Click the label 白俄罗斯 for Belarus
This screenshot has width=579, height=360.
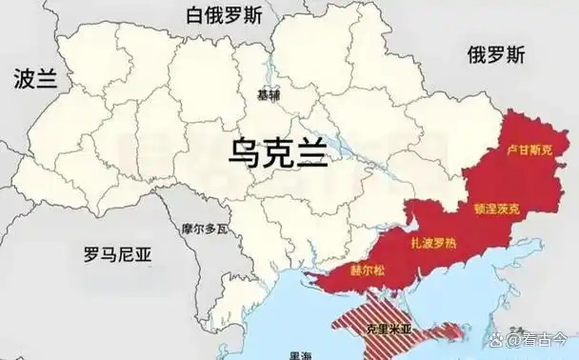pos(225,16)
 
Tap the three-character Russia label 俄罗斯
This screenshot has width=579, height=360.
pos(495,55)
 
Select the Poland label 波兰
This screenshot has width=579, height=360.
pos(36,79)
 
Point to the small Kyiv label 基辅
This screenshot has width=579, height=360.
pos(269,95)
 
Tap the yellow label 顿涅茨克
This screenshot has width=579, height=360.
pos(496,207)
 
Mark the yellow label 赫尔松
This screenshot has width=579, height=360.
pos(369,270)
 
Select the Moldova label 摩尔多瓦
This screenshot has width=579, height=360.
pos(206,229)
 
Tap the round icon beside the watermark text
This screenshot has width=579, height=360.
pos(513,340)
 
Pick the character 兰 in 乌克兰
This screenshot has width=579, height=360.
pos(312,150)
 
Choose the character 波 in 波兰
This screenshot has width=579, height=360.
pos(25,79)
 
